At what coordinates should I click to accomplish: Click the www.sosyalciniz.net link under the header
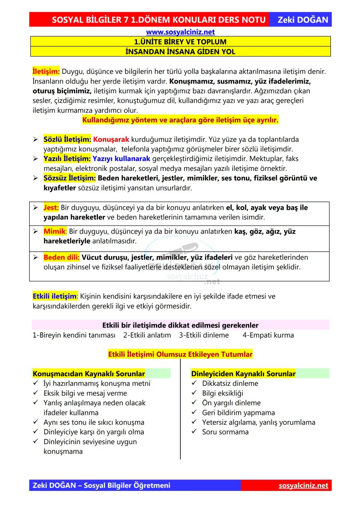pyautogui.click(x=180, y=32)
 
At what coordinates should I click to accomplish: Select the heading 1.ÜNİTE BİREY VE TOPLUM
pyautogui.click(x=180, y=42)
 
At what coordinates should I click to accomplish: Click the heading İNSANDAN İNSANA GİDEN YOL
pyautogui.click(x=180, y=52)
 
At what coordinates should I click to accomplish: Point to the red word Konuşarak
pyautogui.click(x=111, y=139)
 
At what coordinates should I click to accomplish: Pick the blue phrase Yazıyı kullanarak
pyautogui.click(x=121, y=159)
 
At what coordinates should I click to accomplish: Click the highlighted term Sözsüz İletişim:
pyautogui.click(x=70, y=178)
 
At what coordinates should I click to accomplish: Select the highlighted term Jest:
pyautogui.click(x=51, y=207)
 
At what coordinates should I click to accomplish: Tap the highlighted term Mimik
pyautogui.click(x=55, y=231)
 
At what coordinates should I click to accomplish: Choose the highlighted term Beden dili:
pyautogui.click(x=62, y=257)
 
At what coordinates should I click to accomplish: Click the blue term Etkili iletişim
pyautogui.click(x=54, y=296)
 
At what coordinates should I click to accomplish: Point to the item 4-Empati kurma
pyautogui.click(x=268, y=335)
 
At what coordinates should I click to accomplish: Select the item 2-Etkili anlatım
pyautogui.click(x=147, y=335)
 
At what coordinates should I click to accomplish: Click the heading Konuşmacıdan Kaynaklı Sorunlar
pyautogui.click(x=89, y=373)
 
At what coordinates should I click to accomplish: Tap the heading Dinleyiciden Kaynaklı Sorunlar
pyautogui.click(x=243, y=373)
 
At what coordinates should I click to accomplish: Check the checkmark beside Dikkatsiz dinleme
pyautogui.click(x=194, y=383)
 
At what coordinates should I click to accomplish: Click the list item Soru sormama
pyautogui.click(x=225, y=432)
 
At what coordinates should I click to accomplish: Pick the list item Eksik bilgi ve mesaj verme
pyautogui.click(x=85, y=393)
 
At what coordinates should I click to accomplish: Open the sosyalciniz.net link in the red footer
pyautogui.click(x=303, y=485)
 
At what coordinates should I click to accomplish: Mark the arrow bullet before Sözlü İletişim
pyautogui.click(x=35, y=140)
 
